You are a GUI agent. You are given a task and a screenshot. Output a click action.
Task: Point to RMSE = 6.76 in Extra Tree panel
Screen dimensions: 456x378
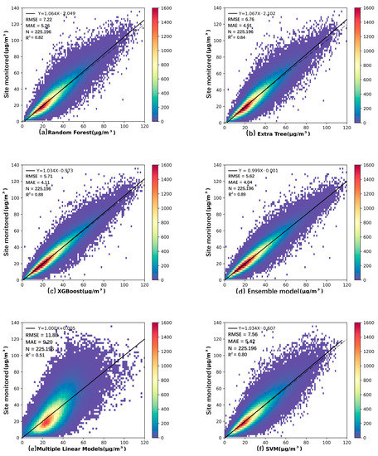[x=243, y=22]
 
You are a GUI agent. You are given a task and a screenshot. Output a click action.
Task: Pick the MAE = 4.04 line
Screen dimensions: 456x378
[x=241, y=187]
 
